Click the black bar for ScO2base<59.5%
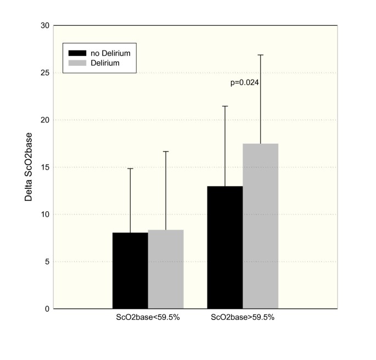pyautogui.click(x=130, y=271)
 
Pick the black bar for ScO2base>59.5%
pyautogui.click(x=225, y=248)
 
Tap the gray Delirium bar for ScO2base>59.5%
pyautogui.click(x=261, y=226)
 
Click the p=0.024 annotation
pyautogui.click(x=244, y=83)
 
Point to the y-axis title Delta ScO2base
pyautogui.click(x=29, y=167)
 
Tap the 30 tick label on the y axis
pyautogui.click(x=45, y=26)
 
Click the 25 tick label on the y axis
pyautogui.click(x=45, y=73)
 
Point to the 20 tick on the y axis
pyautogui.click(x=45, y=120)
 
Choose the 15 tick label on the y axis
pyautogui.click(x=45, y=167)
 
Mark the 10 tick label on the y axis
pyautogui.click(x=45, y=215)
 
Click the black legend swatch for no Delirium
pyautogui.click(x=77, y=53)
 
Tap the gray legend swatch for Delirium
pyautogui.click(x=77, y=63)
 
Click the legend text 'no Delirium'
pyautogui.click(x=110, y=53)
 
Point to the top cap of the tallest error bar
pyautogui.click(x=261, y=55)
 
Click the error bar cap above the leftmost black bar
pyautogui.click(x=130, y=168)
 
